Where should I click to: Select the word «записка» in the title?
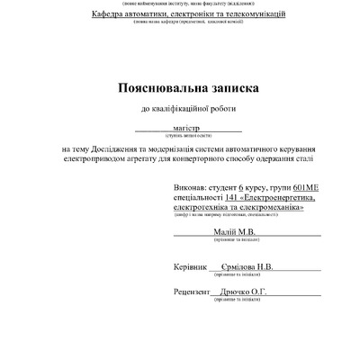(230, 88)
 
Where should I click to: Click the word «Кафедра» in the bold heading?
(99, 16)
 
